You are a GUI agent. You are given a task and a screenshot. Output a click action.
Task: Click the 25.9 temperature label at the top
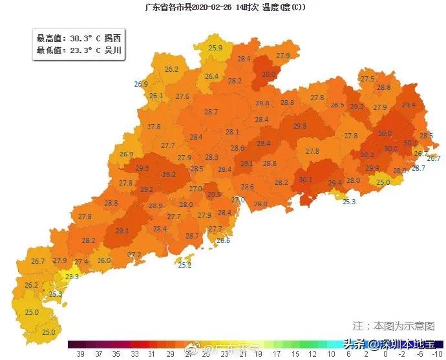click(x=216, y=48)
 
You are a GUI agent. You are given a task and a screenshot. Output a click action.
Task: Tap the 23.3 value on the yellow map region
click(x=72, y=277)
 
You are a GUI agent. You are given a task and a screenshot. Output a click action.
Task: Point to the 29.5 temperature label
click(x=214, y=195)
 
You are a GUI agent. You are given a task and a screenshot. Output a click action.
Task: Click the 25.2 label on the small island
click(x=185, y=265)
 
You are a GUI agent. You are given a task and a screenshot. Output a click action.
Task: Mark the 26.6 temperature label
click(x=223, y=240)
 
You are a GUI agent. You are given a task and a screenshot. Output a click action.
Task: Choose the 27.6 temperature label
click(x=182, y=97)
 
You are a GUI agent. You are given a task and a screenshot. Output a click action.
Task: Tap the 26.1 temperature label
click(x=156, y=96)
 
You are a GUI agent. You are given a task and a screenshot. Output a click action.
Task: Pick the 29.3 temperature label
click(x=143, y=169)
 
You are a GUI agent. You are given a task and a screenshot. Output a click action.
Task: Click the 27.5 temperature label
click(x=367, y=79)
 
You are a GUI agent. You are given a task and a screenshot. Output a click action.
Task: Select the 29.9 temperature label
click(x=372, y=168)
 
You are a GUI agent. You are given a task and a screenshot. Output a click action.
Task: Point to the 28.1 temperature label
click(x=233, y=132)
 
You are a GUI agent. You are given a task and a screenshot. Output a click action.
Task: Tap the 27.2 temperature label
click(x=134, y=255)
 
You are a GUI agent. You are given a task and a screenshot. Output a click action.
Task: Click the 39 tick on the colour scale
click(x=81, y=354)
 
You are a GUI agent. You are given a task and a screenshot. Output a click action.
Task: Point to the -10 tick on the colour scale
click(x=436, y=354)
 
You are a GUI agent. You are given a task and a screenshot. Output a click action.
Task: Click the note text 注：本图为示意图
click(x=393, y=325)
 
